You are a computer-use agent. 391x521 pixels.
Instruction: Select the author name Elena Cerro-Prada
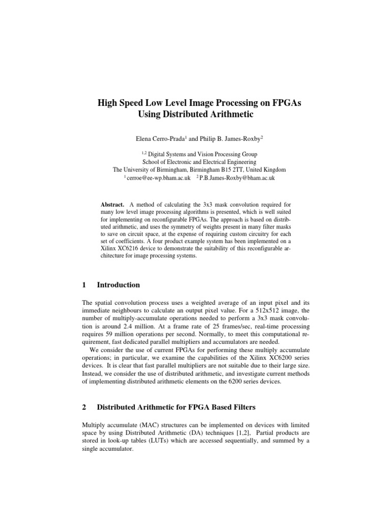(x=155, y=138)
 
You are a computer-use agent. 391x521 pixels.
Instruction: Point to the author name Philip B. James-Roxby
(x=227, y=138)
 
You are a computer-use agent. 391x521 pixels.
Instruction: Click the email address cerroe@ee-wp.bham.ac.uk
(x=159, y=178)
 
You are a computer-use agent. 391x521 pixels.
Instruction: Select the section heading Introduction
(x=118, y=285)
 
